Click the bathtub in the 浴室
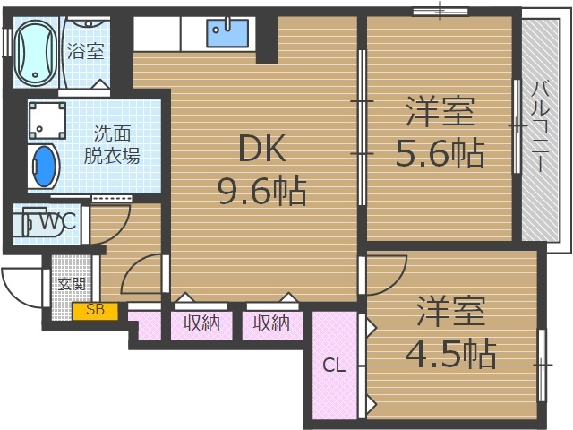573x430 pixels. pyautogui.click(x=35, y=51)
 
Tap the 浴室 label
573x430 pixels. pyautogui.click(x=85, y=51)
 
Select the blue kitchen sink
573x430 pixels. pyautogui.click(x=231, y=33)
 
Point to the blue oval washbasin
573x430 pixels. pyautogui.click(x=43, y=167)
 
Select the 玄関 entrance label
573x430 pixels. pyautogui.click(x=71, y=284)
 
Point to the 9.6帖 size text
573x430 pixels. pyautogui.click(x=261, y=191)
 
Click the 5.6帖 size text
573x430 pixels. pyautogui.click(x=440, y=154)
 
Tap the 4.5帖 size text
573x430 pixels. pyautogui.click(x=450, y=355)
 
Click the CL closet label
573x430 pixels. pyautogui.click(x=334, y=365)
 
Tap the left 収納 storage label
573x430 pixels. pyautogui.click(x=201, y=324)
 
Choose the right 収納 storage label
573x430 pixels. pyautogui.click(x=271, y=324)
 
